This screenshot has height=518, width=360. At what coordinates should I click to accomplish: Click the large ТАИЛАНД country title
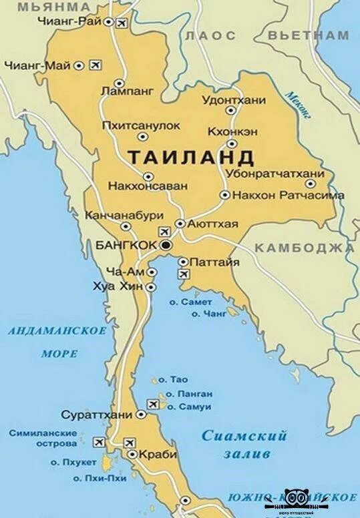pyautogui.click(x=190, y=158)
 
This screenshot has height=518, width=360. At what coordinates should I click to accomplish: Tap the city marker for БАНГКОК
pyautogui.click(x=166, y=246)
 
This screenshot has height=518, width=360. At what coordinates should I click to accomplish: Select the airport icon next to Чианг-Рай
pyautogui.click(x=122, y=23)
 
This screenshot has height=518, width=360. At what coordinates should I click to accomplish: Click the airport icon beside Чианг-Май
pyautogui.click(x=95, y=65)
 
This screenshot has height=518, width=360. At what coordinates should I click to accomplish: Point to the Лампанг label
pyautogui.click(x=126, y=89)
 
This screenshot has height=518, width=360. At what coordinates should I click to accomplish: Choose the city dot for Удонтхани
pyautogui.click(x=231, y=110)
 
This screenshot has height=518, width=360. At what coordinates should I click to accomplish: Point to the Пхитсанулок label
pyautogui.click(x=141, y=125)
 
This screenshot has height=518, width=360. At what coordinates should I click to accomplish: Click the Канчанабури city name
pyautogui.click(x=124, y=216)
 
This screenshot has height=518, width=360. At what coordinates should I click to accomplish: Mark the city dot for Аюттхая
pyautogui.click(x=180, y=224)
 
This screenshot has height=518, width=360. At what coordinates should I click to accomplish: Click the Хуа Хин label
pyautogui.click(x=121, y=286)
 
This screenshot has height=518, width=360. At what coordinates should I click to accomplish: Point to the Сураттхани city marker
pyautogui.click(x=141, y=415)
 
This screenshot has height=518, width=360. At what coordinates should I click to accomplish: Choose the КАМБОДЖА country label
pyautogui.click(x=304, y=248)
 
